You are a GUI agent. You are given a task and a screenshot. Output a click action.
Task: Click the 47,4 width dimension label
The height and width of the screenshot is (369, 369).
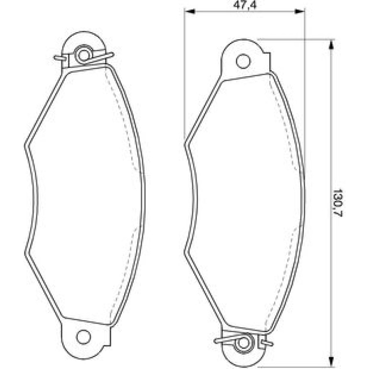[245, 4]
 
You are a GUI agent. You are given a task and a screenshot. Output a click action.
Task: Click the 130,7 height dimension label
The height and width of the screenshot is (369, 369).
[338, 202]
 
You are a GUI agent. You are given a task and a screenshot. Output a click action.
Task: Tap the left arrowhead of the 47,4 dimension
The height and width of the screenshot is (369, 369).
[190, 12]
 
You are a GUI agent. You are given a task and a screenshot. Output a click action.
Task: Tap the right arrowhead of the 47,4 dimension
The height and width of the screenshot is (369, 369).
[300, 12]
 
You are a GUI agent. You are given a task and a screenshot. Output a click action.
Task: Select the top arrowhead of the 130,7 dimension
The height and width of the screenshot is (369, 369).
[331, 45]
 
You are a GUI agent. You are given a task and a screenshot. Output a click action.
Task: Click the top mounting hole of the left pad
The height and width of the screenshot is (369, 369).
[84, 55]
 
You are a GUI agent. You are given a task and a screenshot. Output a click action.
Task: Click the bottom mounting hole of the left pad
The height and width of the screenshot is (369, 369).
[83, 337]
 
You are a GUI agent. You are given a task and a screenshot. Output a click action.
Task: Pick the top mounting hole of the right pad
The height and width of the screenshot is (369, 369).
[243, 61]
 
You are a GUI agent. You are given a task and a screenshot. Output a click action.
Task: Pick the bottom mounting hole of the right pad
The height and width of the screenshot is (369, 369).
[243, 343]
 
